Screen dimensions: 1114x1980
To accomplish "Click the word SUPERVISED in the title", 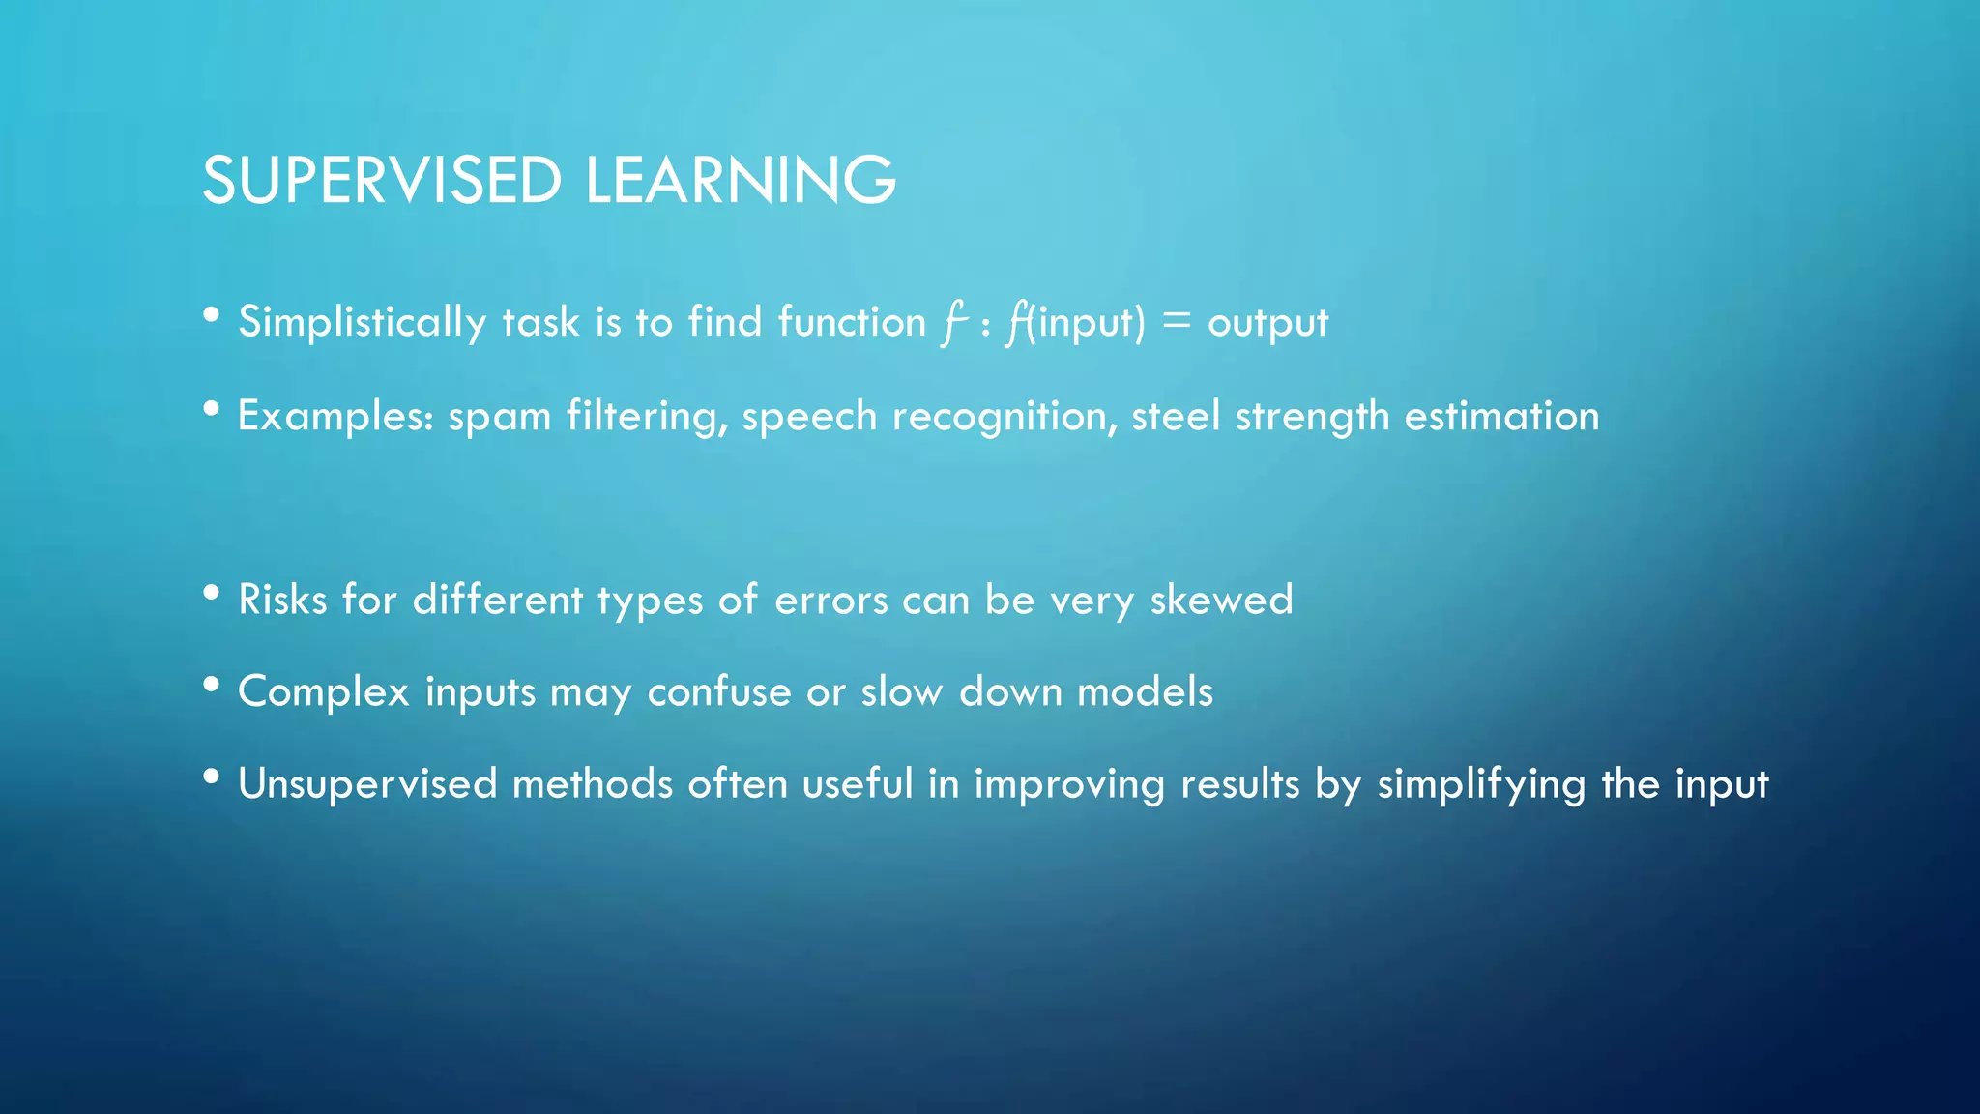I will (381, 181).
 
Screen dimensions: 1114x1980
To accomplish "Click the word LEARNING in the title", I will (741, 181).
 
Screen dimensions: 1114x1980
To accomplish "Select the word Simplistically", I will (362, 322).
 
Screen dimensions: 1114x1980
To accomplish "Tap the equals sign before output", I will (1176, 321).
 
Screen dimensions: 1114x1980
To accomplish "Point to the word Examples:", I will (335, 417).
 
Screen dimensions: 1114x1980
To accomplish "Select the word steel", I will (1176, 416).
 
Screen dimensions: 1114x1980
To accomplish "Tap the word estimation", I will (1501, 416).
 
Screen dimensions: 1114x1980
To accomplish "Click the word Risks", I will (282, 600).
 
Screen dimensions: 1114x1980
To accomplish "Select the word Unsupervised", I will (367, 784).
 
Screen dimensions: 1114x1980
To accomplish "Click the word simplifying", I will (1481, 784).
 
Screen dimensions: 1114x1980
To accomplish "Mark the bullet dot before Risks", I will (212, 594).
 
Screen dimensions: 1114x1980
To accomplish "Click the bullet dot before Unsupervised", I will (212, 777).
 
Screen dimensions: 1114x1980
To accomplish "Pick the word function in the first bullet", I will (852, 322).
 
